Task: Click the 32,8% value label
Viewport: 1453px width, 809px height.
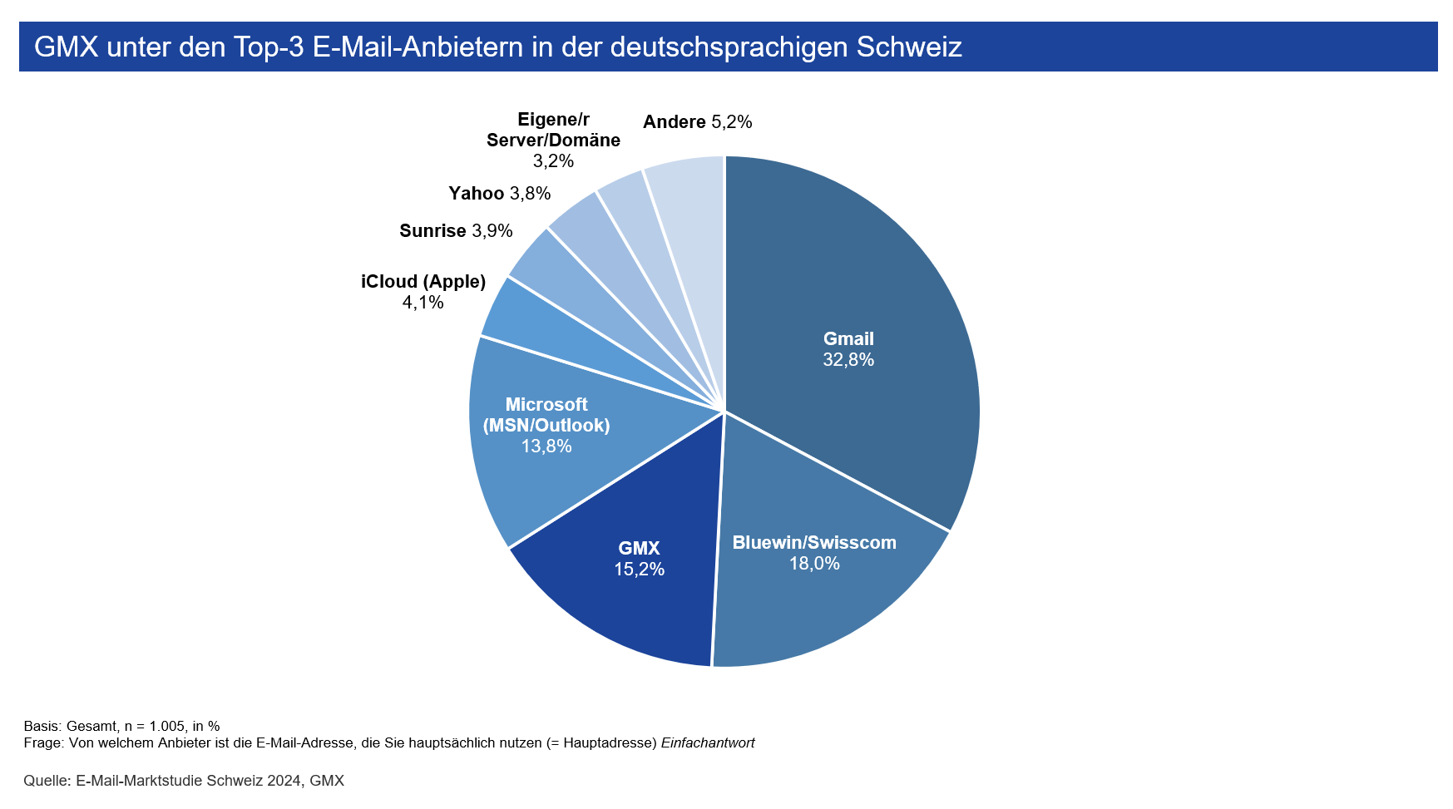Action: pyautogui.click(x=848, y=360)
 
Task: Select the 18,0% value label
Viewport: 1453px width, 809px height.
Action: pyautogui.click(x=814, y=564)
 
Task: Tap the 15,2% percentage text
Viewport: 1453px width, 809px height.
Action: pyautogui.click(x=639, y=570)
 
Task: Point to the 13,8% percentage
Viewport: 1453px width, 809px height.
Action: pyautogui.click(x=546, y=446)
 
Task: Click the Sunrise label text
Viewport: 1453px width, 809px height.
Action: pyautogui.click(x=432, y=231)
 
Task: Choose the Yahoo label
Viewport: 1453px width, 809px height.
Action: pyautogui.click(x=477, y=194)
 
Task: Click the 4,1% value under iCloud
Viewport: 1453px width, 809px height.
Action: pyautogui.click(x=423, y=303)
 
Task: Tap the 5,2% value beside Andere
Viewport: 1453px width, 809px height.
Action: pyautogui.click(x=732, y=122)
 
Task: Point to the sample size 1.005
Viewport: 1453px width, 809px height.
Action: pyautogui.click(x=169, y=726)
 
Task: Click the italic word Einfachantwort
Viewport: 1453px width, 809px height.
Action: pyautogui.click(x=708, y=742)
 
